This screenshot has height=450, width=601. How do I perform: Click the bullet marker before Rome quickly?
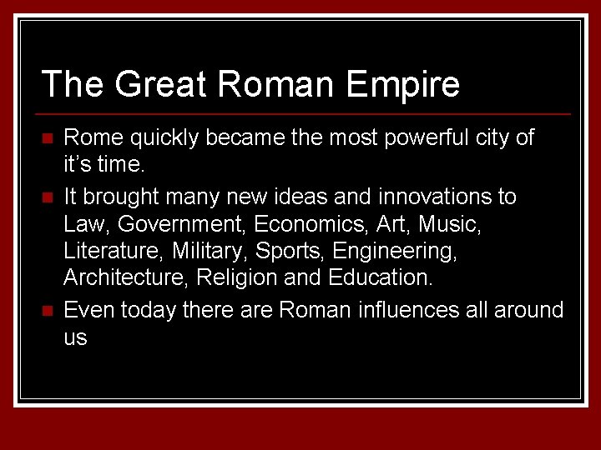[48, 137]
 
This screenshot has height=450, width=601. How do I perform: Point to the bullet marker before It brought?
[48, 197]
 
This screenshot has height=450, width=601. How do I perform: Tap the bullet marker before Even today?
[48, 311]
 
